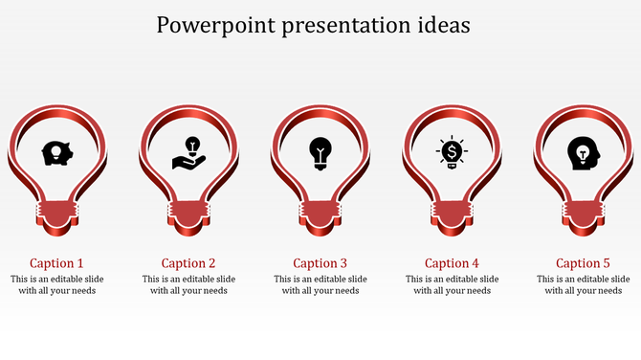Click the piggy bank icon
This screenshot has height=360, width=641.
(x=56, y=152)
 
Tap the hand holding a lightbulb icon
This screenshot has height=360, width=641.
(x=188, y=152)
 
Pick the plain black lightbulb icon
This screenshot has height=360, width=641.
(x=320, y=152)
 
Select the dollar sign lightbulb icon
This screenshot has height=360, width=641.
(x=452, y=152)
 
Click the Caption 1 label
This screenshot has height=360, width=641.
(x=56, y=263)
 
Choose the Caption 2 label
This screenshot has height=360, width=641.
(x=188, y=263)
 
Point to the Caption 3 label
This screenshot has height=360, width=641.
(x=320, y=263)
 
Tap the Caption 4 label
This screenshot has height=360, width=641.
(x=452, y=263)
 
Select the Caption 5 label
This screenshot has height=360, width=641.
(x=583, y=263)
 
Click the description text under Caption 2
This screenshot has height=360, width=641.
(x=188, y=285)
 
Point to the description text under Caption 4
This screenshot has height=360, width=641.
(x=452, y=285)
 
